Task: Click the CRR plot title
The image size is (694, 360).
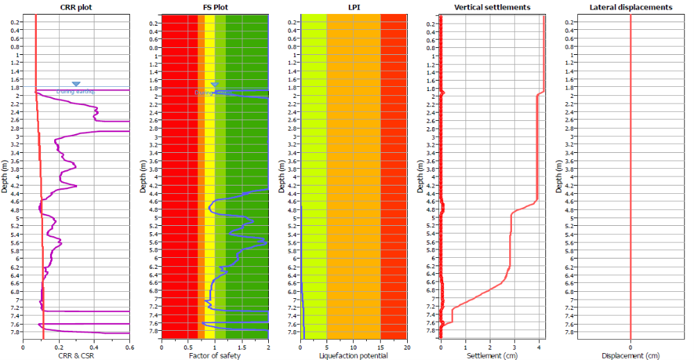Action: coord(76,7)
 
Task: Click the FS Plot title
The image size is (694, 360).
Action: coord(215,7)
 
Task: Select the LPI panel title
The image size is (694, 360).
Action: coord(354,7)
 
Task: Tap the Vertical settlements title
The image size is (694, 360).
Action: coord(492,7)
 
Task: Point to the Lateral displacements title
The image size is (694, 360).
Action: coord(630,7)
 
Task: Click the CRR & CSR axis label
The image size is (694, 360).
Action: coord(76,356)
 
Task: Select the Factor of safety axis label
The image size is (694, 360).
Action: coord(215,356)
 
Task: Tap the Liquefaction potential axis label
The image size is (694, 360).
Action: coord(354,356)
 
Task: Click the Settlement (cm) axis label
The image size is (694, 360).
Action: coord(492,356)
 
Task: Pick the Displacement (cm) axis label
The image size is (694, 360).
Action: coord(630,356)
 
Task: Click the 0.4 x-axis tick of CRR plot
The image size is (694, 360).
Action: coord(94,346)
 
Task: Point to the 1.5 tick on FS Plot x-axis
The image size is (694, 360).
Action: coord(241,346)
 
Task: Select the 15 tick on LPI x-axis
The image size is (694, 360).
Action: coord(381,346)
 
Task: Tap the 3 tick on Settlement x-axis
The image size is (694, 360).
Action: coord(514,346)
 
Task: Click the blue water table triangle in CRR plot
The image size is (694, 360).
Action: coord(76,84)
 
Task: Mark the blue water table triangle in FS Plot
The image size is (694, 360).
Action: coord(215,84)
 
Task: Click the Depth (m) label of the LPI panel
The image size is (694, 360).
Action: coord(283,177)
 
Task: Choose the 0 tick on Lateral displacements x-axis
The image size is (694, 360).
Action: coord(630,346)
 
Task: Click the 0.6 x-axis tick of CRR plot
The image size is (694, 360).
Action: coord(129,346)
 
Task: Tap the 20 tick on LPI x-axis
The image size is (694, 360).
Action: coord(406,346)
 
